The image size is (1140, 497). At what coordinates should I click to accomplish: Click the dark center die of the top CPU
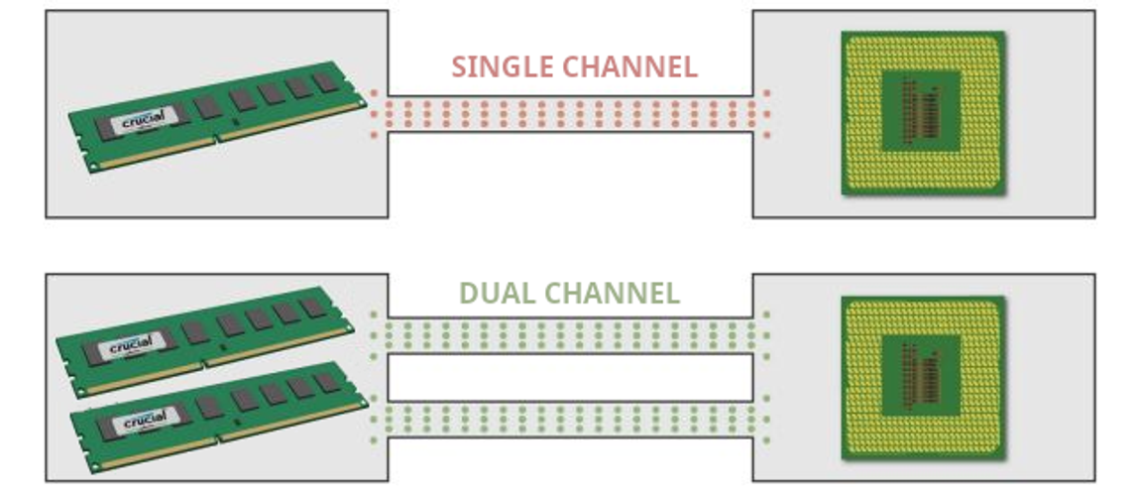[922, 110]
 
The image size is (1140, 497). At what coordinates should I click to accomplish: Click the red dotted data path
[570, 113]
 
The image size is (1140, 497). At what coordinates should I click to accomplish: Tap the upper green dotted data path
[570, 335]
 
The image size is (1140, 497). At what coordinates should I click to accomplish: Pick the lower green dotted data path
[570, 420]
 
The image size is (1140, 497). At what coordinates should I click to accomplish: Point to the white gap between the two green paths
[570, 377]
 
